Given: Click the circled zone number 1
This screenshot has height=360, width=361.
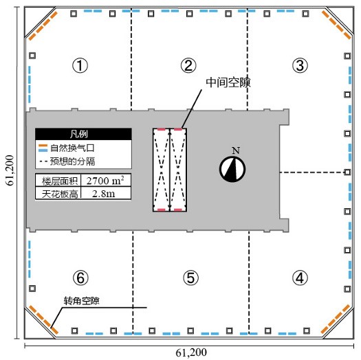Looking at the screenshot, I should tap(80, 66).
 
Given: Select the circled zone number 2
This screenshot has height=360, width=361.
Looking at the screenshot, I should tap(188, 66).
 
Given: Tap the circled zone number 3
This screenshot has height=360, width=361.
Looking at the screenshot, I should tap(299, 66).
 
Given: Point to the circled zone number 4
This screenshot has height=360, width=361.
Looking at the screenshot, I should tap(299, 278).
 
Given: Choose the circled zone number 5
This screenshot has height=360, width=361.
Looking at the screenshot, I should tap(191, 278).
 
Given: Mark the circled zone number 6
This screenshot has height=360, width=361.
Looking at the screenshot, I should tap(80, 278).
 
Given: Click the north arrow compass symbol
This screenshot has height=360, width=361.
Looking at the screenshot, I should tap(232, 168).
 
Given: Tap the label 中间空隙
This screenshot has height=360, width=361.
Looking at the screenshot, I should tap(228, 82).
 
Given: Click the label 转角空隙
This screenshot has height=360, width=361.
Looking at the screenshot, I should tap(82, 301).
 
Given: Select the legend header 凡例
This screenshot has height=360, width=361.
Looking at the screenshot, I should tap(83, 135).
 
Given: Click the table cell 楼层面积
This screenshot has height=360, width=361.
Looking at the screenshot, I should tap(57, 181).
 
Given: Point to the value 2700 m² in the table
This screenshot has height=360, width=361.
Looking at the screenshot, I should tap(104, 181).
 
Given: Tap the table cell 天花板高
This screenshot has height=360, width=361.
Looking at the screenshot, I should tap(57, 194).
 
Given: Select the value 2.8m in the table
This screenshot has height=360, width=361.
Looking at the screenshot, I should tap(104, 194).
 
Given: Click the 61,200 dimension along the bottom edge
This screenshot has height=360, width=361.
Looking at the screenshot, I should tap(191, 352).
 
